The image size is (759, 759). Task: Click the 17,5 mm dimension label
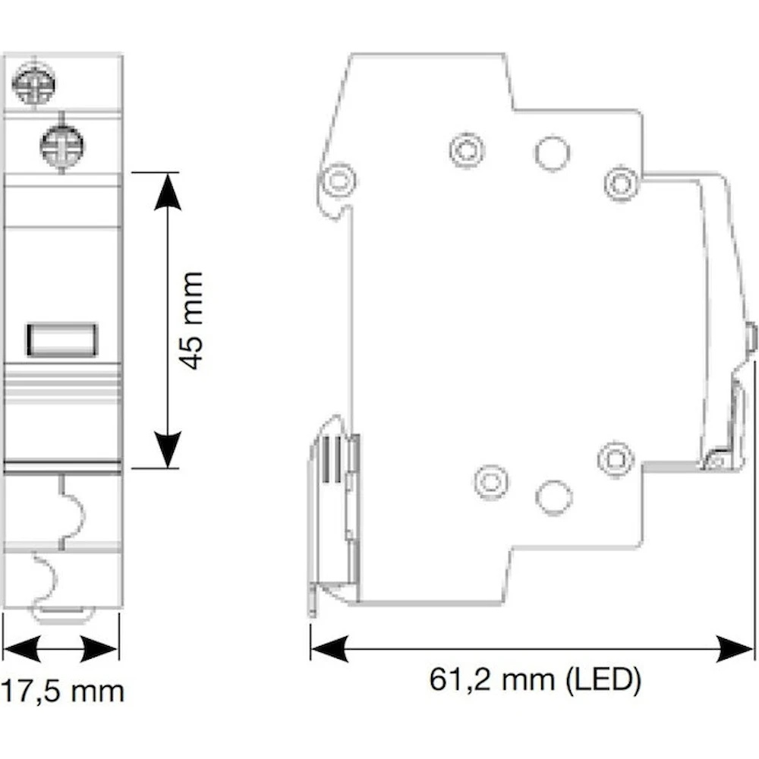tap(62, 691)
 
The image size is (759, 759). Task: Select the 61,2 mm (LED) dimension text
tap(535, 679)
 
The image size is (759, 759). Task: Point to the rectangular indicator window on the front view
tap(62, 340)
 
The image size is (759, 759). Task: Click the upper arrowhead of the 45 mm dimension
tap(168, 192)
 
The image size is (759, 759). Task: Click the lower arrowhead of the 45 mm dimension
tap(168, 449)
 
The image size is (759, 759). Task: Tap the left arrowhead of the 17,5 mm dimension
tap(22, 649)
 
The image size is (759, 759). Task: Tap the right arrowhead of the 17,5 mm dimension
tap(99, 649)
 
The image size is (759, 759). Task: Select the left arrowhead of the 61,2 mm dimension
tap(329, 649)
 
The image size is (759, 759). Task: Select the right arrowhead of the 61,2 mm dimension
tap(735, 649)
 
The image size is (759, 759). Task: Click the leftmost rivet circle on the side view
tap(339, 180)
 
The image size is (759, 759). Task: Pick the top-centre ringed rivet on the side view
tap(467, 150)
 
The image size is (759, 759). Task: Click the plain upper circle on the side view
tap(553, 154)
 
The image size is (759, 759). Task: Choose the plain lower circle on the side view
tap(554, 497)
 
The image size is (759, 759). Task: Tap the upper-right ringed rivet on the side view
tap(622, 183)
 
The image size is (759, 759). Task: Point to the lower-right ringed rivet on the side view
tap(616, 458)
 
